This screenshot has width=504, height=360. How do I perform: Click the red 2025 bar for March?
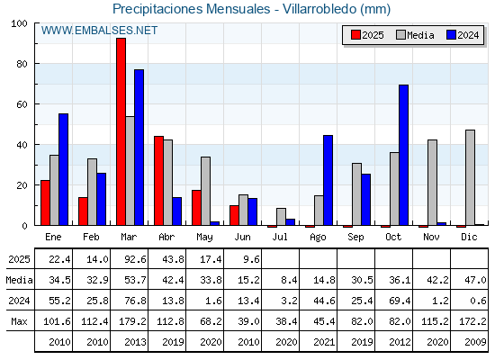click(x=121, y=131)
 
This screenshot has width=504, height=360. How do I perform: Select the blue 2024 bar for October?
click(x=404, y=155)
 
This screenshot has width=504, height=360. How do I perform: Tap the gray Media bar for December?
click(x=470, y=178)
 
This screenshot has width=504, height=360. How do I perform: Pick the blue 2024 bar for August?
click(x=328, y=180)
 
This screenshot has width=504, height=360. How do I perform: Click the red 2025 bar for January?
click(x=45, y=202)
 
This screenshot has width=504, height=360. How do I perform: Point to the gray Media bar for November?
click(x=432, y=183)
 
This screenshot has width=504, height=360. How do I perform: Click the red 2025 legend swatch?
click(x=355, y=35)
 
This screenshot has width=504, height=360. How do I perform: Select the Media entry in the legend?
click(x=415, y=35)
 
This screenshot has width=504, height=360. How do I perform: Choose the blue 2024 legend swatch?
click(x=451, y=35)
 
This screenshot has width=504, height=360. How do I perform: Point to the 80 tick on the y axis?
click(x=22, y=64)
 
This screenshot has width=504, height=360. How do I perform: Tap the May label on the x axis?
click(x=204, y=238)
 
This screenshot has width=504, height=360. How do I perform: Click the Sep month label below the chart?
click(x=355, y=238)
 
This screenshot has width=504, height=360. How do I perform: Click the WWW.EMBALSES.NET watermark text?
click(x=99, y=31)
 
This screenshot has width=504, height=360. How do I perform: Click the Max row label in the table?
click(x=19, y=321)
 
